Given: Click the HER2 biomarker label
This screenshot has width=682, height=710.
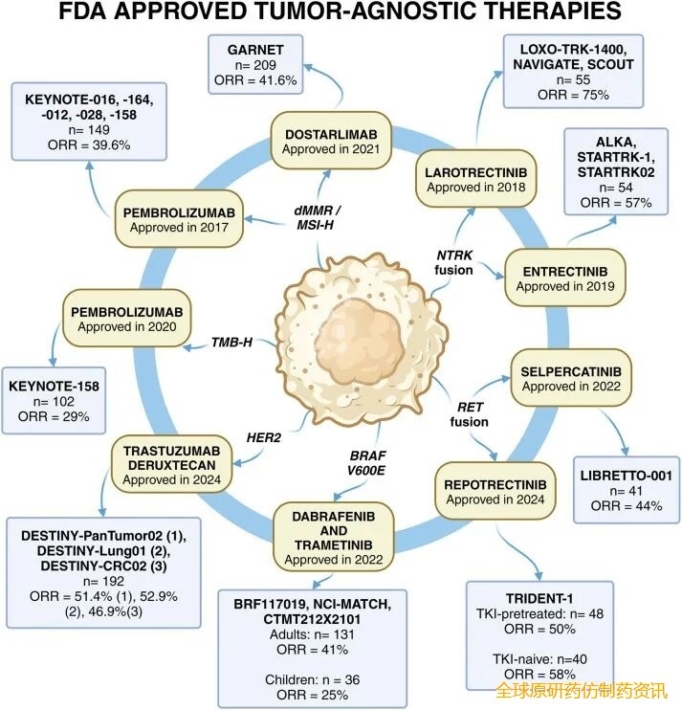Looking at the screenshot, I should (x=265, y=433).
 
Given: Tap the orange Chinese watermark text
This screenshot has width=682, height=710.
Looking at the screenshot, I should (x=583, y=690).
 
